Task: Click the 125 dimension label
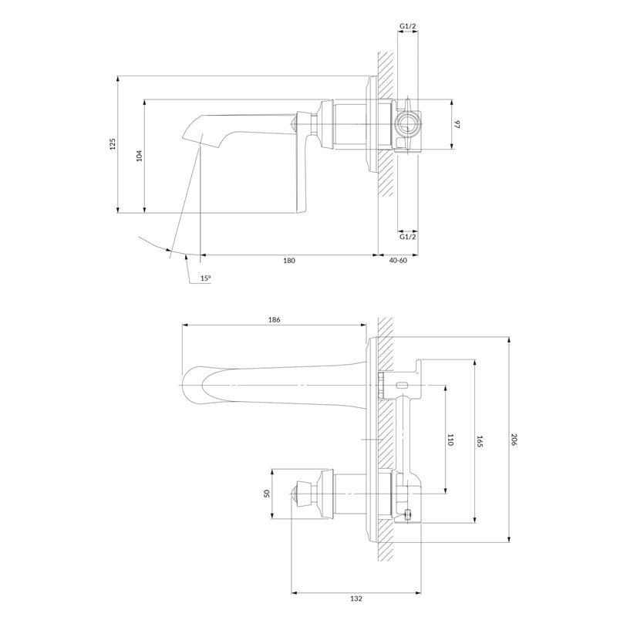(113, 144)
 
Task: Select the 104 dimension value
(139, 156)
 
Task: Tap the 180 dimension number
(288, 261)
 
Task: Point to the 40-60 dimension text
(398, 261)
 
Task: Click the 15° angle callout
(205, 278)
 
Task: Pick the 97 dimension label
(457, 125)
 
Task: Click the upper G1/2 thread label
(408, 26)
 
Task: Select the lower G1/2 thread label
(408, 237)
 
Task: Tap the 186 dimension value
(275, 319)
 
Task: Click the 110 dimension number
(450, 440)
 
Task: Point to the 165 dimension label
(479, 441)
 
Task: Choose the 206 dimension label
(513, 440)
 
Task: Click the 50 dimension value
(266, 494)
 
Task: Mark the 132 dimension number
(356, 599)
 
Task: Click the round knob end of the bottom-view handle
(295, 494)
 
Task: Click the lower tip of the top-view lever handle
(301, 211)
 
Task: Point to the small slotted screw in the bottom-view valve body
(408, 514)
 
